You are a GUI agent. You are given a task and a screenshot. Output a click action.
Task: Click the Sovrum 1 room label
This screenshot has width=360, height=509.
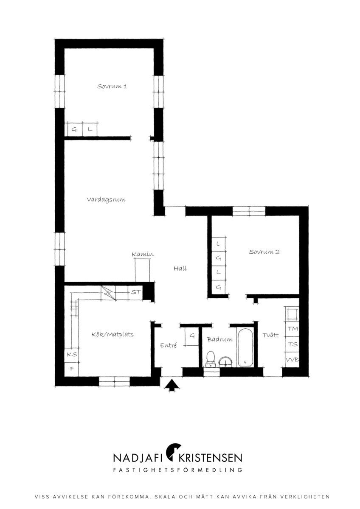112,87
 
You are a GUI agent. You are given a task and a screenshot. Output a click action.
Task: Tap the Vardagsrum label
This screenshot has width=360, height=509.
106,199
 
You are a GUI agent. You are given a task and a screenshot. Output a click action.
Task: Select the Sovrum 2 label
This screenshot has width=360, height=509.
264,252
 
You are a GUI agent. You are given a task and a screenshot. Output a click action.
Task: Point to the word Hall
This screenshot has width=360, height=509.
180,268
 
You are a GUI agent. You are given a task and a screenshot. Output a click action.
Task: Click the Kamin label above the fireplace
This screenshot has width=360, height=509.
143,254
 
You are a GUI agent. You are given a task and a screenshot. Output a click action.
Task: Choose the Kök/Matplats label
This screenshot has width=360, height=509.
112,335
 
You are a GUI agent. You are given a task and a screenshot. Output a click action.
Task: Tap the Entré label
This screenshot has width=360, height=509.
169,345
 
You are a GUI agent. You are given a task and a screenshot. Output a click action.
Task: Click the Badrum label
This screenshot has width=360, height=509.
219,339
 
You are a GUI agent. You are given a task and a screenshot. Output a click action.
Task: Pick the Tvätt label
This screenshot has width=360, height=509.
270,335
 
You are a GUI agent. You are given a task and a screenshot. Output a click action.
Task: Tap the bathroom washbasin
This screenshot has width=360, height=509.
225,361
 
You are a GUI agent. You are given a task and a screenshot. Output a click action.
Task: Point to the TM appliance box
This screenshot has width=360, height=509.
292,329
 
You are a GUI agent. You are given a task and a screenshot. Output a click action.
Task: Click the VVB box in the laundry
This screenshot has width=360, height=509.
292,360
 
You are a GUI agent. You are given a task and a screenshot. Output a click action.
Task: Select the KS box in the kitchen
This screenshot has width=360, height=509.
72,354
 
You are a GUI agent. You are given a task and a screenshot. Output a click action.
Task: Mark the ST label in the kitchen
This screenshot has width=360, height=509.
136,292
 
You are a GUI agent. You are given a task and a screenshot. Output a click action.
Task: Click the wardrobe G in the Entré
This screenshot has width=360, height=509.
192,336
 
